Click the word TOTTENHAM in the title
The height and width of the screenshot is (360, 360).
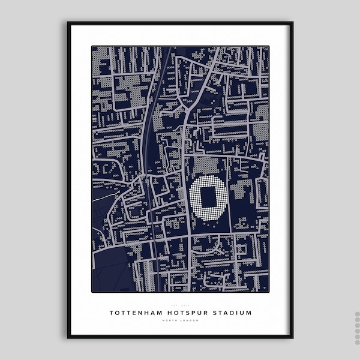click(x=134, y=313)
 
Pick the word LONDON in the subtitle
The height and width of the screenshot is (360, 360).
click(x=188, y=320)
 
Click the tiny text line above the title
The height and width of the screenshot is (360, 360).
click(x=179, y=305)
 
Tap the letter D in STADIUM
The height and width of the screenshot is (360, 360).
click(x=232, y=313)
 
